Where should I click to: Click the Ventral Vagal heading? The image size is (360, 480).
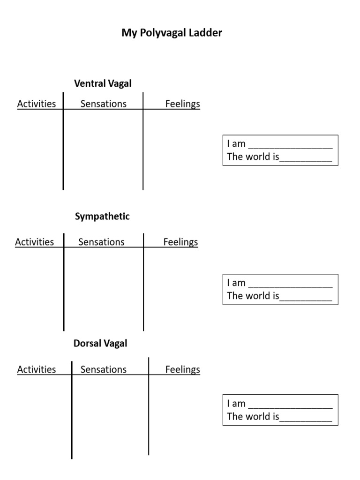point(103,83)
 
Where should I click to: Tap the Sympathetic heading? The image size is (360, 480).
point(102,217)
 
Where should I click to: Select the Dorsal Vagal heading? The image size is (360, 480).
point(100,343)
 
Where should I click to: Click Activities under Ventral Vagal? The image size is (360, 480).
point(37,104)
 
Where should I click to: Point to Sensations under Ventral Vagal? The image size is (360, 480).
point(104,104)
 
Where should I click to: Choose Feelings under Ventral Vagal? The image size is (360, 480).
point(182,104)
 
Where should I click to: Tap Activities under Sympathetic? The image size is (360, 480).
point(34,242)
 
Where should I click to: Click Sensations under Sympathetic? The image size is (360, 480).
point(101,242)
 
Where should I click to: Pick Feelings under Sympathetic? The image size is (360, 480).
point(180,242)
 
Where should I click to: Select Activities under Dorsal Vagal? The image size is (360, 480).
point(37,369)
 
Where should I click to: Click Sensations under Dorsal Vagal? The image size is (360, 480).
point(104,369)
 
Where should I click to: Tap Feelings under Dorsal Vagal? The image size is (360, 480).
point(182,369)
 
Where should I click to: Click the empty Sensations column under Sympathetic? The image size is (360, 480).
point(104,288)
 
